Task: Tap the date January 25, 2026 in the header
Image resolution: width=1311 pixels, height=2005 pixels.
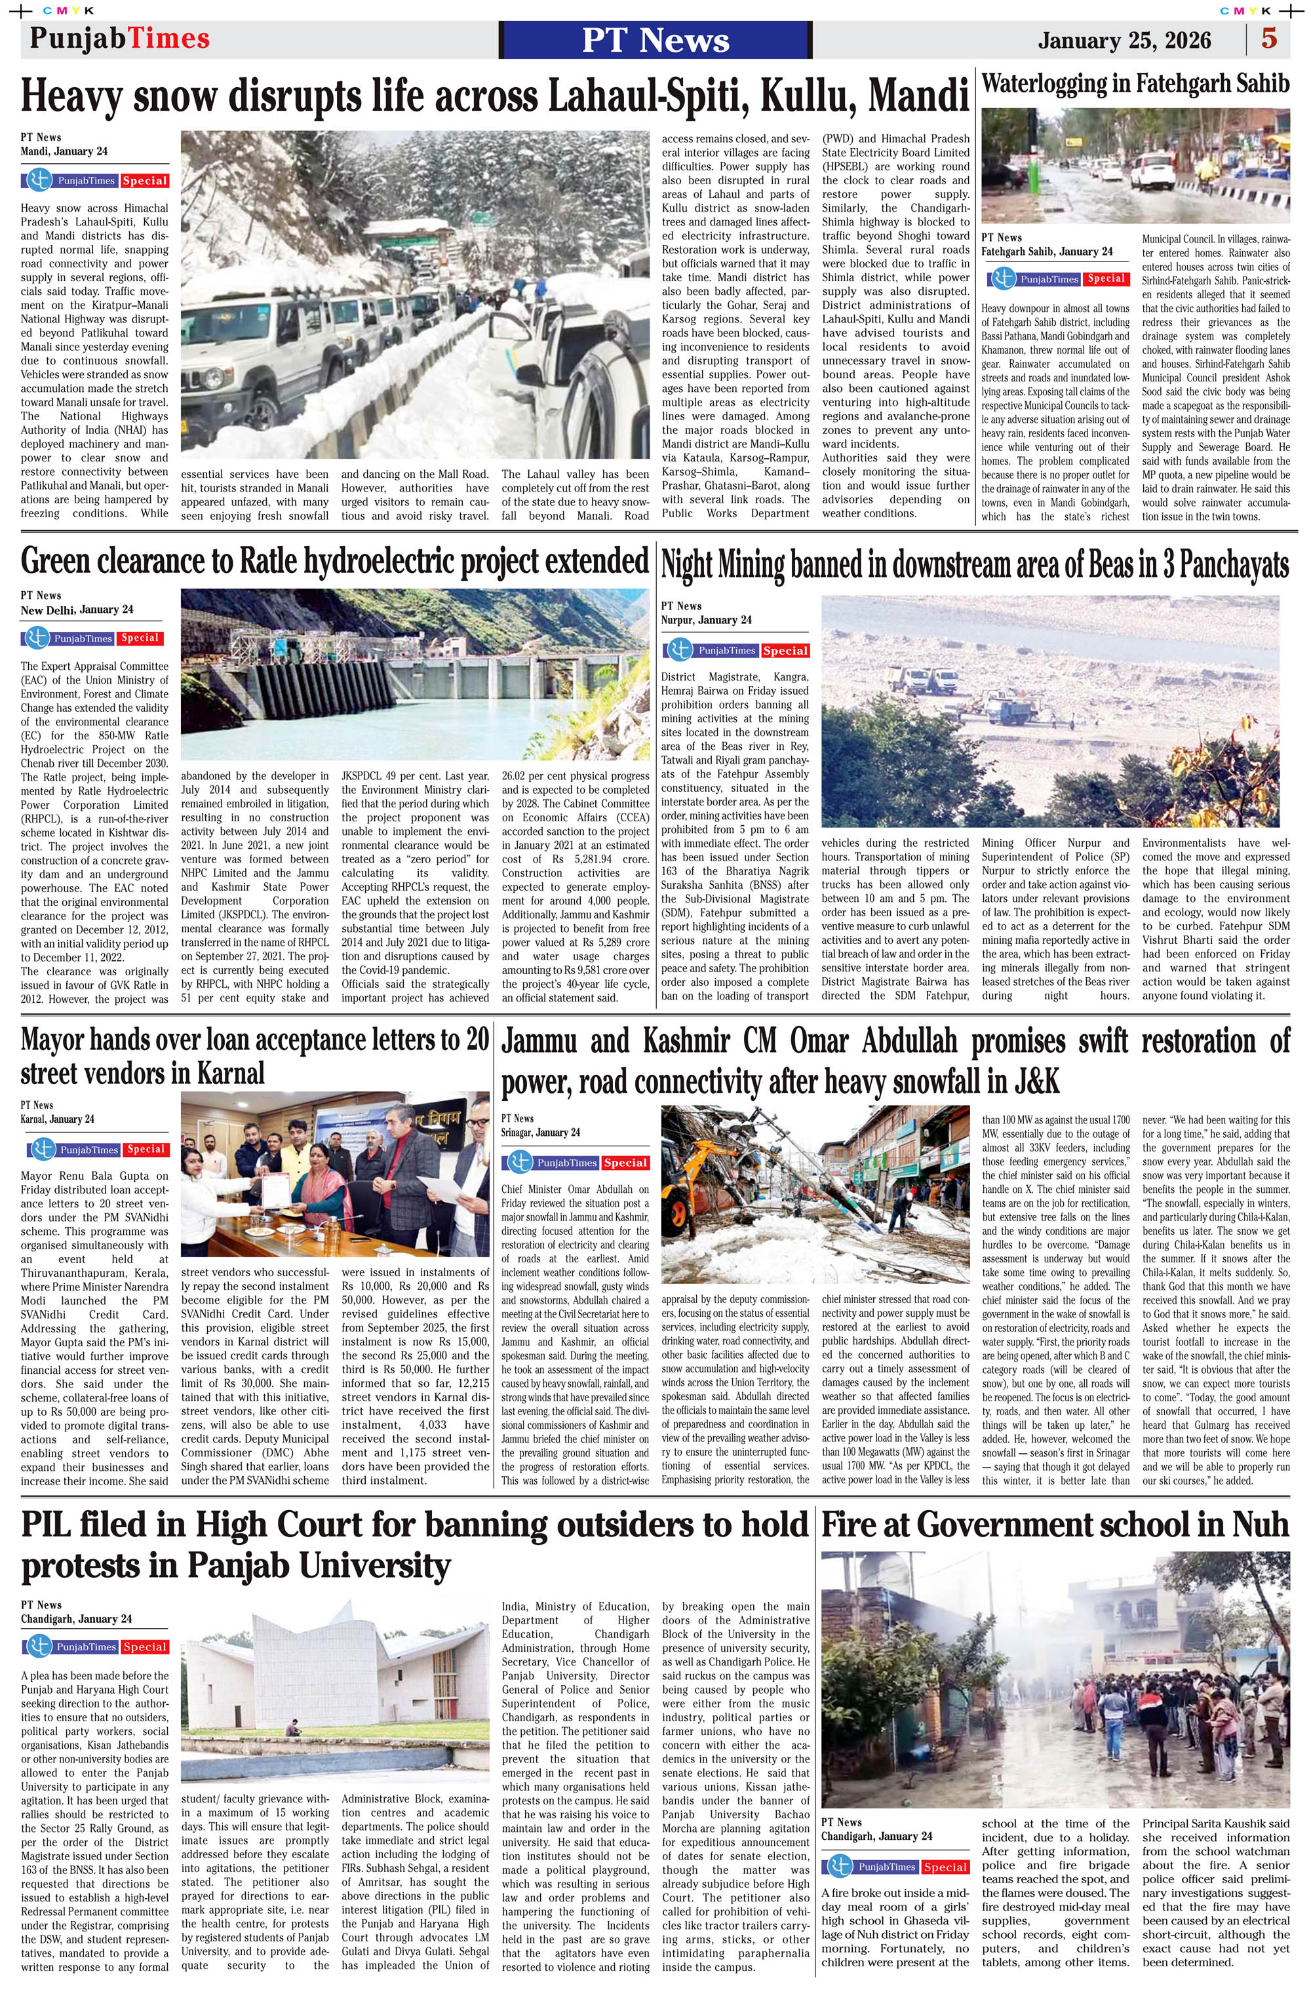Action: click(x=1124, y=41)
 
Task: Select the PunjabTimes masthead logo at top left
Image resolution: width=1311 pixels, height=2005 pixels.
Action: click(x=120, y=39)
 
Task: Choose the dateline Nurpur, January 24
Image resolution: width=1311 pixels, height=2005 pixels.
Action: click(x=706, y=620)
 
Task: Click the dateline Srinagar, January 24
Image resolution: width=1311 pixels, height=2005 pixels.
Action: click(x=541, y=1132)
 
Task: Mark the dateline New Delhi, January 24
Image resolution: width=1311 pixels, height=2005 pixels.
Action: click(x=77, y=610)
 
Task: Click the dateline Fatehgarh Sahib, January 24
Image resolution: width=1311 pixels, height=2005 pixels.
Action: click(x=1046, y=251)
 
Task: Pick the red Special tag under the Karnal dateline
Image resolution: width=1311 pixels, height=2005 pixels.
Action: click(x=146, y=1149)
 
